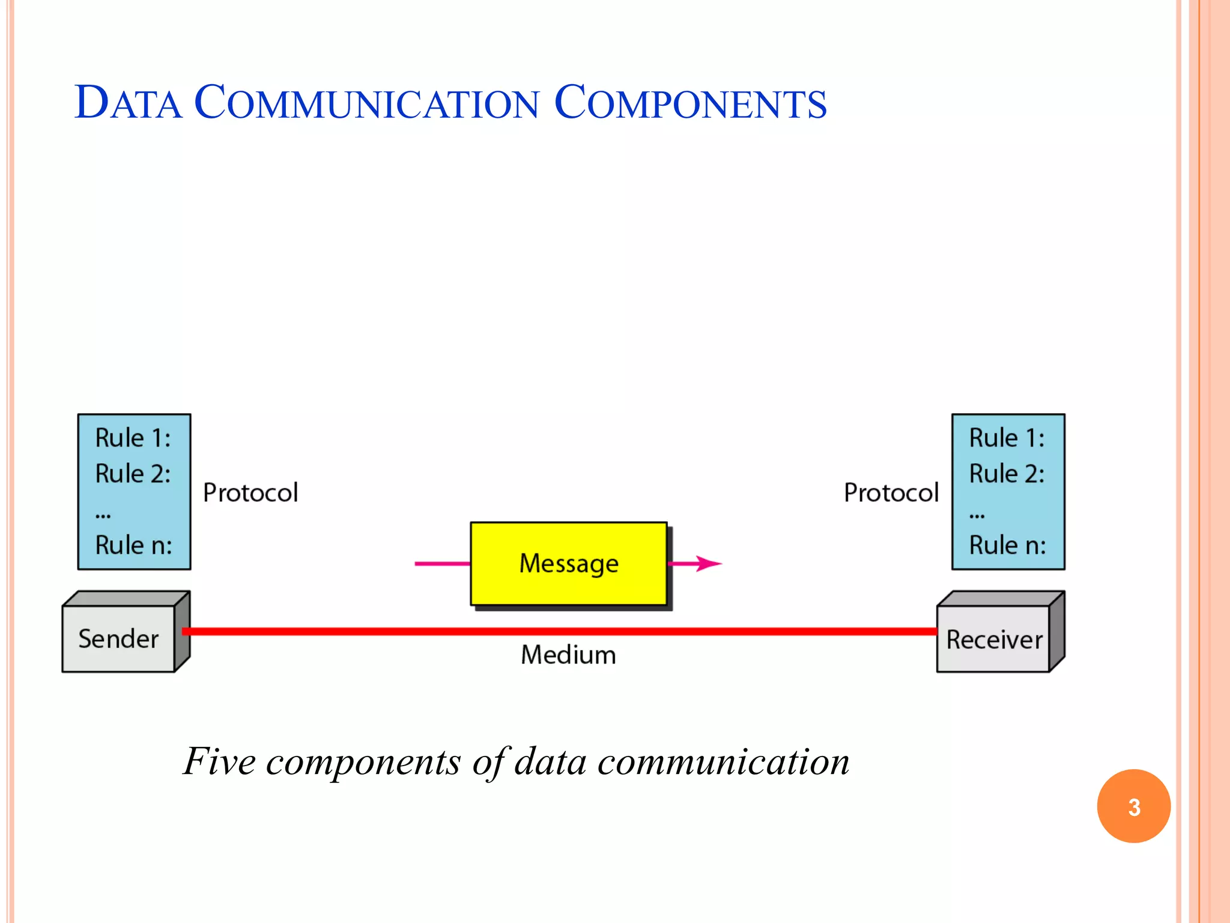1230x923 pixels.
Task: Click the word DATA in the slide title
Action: pyautogui.click(x=128, y=103)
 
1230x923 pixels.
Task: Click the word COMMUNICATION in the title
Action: pyautogui.click(x=366, y=103)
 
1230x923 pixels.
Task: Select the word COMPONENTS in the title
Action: pyautogui.click(x=690, y=103)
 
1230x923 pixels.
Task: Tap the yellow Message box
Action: pyautogui.click(x=568, y=564)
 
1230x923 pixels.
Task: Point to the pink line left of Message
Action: pyautogui.click(x=442, y=564)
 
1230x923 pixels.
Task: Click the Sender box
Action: pyautogui.click(x=118, y=639)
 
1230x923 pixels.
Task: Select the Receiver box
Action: pyautogui.click(x=993, y=639)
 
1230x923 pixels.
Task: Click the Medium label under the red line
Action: pyautogui.click(x=568, y=655)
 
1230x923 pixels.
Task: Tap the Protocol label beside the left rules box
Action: pyautogui.click(x=250, y=493)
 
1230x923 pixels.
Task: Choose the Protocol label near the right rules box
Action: pyautogui.click(x=891, y=493)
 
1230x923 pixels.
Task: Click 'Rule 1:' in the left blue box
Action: pyautogui.click(x=133, y=438)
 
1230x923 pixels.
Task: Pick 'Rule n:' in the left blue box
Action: pyautogui.click(x=133, y=546)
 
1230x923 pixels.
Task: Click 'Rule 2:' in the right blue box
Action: pyautogui.click(x=1007, y=474)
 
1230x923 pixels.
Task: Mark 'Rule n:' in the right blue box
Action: pyautogui.click(x=1007, y=546)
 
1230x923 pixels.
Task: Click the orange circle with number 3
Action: pyautogui.click(x=1133, y=806)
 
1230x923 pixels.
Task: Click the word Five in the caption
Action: pyautogui.click(x=220, y=761)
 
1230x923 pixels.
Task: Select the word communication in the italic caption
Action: pyautogui.click(x=723, y=761)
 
